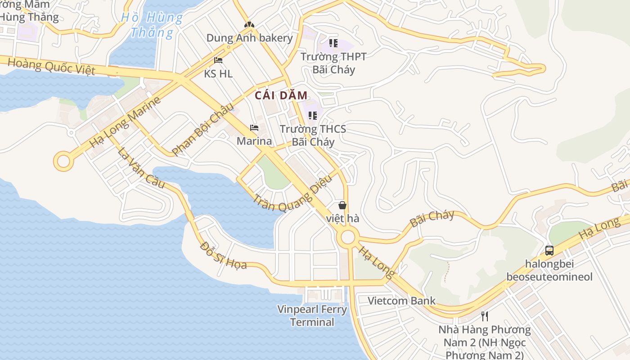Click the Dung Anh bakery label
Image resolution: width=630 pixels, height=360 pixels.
pos(249,38)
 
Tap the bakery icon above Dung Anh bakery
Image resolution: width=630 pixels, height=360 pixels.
pos(249,24)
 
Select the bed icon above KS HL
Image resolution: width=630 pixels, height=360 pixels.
pos(218,60)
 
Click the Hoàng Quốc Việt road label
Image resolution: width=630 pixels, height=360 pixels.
pos(51,66)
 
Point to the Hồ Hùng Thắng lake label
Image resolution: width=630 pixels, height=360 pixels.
pos(152,25)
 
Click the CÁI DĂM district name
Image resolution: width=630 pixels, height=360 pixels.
pos(281,95)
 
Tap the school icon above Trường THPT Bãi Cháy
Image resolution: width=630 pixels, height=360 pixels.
pos(333,43)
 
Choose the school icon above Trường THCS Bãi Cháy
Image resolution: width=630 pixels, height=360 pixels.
pos(313,116)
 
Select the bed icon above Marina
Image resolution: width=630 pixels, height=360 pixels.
pos(254,128)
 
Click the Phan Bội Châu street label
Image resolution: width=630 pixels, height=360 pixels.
pos(203,129)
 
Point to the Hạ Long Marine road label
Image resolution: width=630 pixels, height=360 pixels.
pos(125,122)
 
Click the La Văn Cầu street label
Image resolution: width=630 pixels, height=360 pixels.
pos(141,168)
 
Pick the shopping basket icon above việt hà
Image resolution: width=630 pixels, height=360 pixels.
pos(342,205)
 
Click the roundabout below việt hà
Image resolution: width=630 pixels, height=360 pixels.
pos(347,237)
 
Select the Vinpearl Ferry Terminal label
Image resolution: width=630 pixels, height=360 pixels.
pos(312,315)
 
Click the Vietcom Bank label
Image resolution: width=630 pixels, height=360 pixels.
pos(401,301)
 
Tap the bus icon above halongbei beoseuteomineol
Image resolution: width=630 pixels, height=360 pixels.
pos(549,251)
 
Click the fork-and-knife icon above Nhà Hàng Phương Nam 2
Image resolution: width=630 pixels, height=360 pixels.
pos(484,316)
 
